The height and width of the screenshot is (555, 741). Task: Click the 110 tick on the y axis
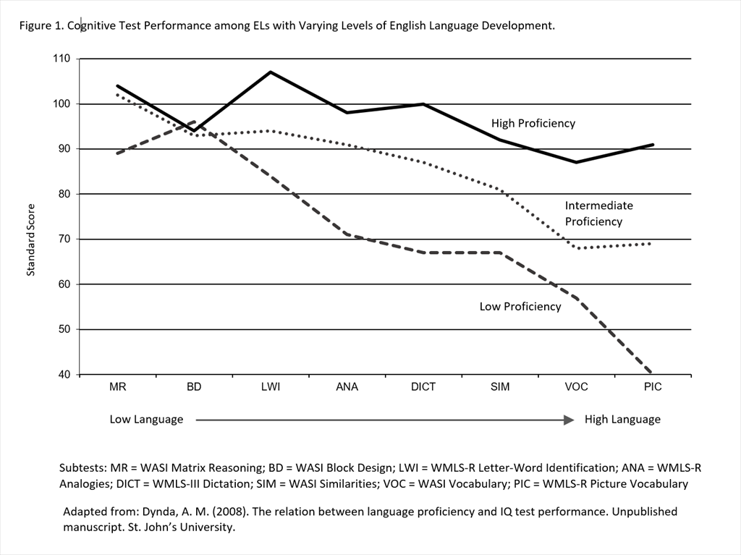tap(66, 59)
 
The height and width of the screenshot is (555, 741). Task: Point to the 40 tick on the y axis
tap(66, 375)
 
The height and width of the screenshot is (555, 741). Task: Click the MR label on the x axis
tap(118, 387)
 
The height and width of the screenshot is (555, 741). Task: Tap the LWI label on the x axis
tap(271, 387)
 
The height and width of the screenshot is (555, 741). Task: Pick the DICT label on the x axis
tap(423, 387)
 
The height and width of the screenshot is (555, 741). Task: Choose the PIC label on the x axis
tap(653, 387)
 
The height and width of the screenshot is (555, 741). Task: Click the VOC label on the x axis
tap(576, 387)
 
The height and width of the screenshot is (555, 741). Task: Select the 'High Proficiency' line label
tap(533, 124)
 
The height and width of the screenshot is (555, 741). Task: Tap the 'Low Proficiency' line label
tap(520, 307)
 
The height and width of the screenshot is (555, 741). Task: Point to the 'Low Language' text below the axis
tap(146, 420)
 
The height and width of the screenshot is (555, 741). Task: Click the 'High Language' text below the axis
tap(622, 420)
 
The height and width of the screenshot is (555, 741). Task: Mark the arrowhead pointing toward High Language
tap(569, 420)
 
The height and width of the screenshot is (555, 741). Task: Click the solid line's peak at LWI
tap(271, 72)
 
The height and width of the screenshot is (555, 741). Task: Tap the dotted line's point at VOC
tap(576, 248)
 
